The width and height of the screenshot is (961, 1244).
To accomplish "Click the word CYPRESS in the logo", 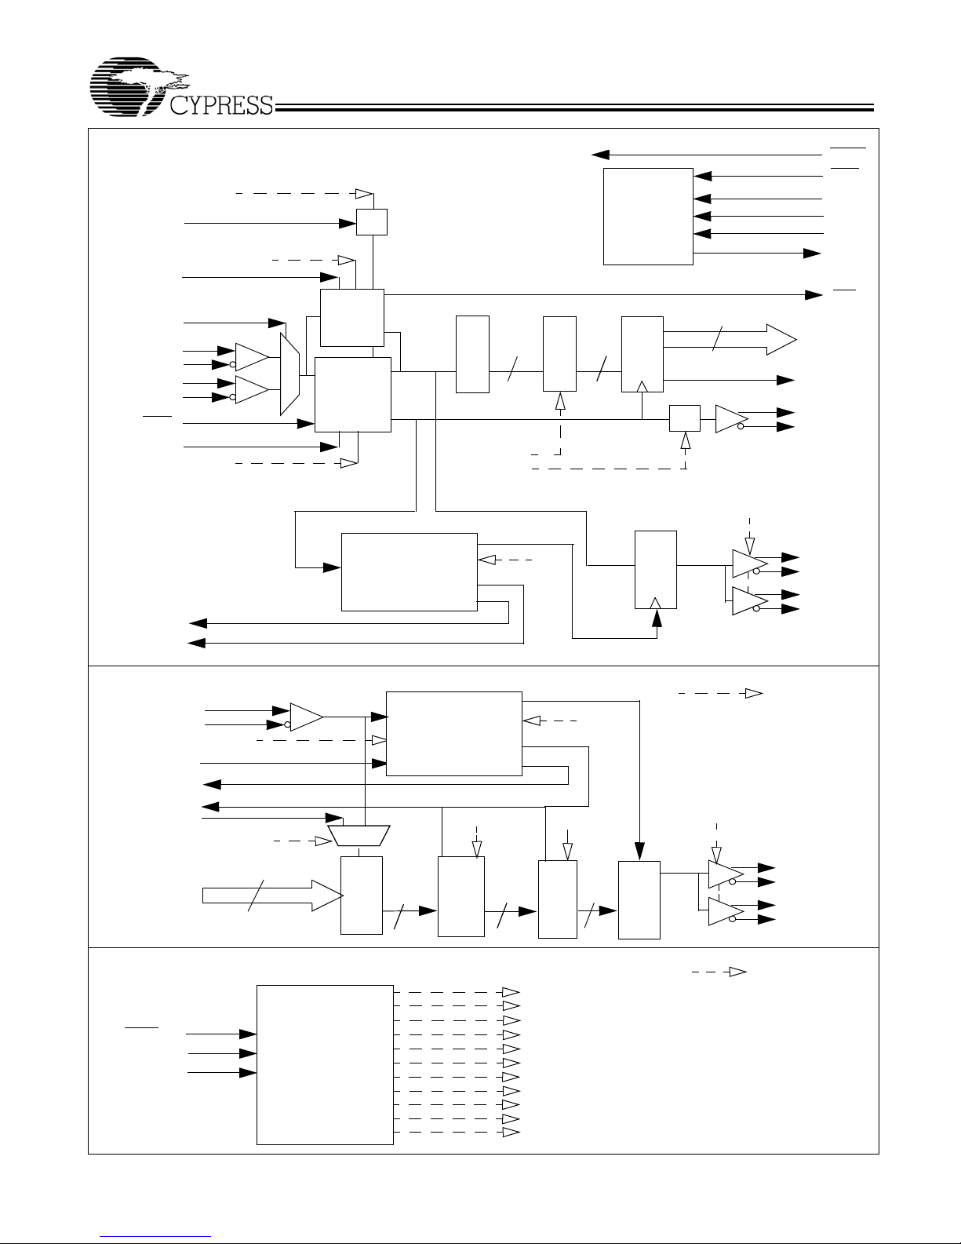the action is (221, 105).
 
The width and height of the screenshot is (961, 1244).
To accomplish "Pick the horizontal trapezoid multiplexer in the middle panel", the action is (359, 835).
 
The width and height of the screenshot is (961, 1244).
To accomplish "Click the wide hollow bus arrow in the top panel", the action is (730, 340).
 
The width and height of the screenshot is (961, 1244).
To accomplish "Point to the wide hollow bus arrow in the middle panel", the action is (272, 896).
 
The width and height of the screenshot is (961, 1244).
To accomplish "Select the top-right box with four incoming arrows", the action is (648, 217).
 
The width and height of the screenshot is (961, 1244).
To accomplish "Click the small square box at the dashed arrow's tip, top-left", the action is (372, 221).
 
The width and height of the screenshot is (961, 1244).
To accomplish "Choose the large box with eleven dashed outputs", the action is (325, 1065).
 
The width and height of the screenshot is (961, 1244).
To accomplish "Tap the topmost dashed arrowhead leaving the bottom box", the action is (511, 992).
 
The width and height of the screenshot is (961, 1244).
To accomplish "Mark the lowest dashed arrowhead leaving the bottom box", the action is (511, 1132).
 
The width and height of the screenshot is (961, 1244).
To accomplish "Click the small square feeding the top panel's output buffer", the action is (685, 418).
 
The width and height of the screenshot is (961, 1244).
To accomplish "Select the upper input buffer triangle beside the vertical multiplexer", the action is (252, 357).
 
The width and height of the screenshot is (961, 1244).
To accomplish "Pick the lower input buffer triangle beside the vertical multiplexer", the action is (252, 390).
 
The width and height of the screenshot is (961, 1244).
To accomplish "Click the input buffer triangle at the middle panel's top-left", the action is (307, 717).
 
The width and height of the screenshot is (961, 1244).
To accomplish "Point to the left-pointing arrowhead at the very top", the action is (600, 155).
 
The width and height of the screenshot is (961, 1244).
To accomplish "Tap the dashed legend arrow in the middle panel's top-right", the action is (721, 693).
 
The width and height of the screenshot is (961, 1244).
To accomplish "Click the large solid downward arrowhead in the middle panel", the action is (639, 851).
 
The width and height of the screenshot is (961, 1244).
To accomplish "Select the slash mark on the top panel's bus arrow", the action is (717, 338).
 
